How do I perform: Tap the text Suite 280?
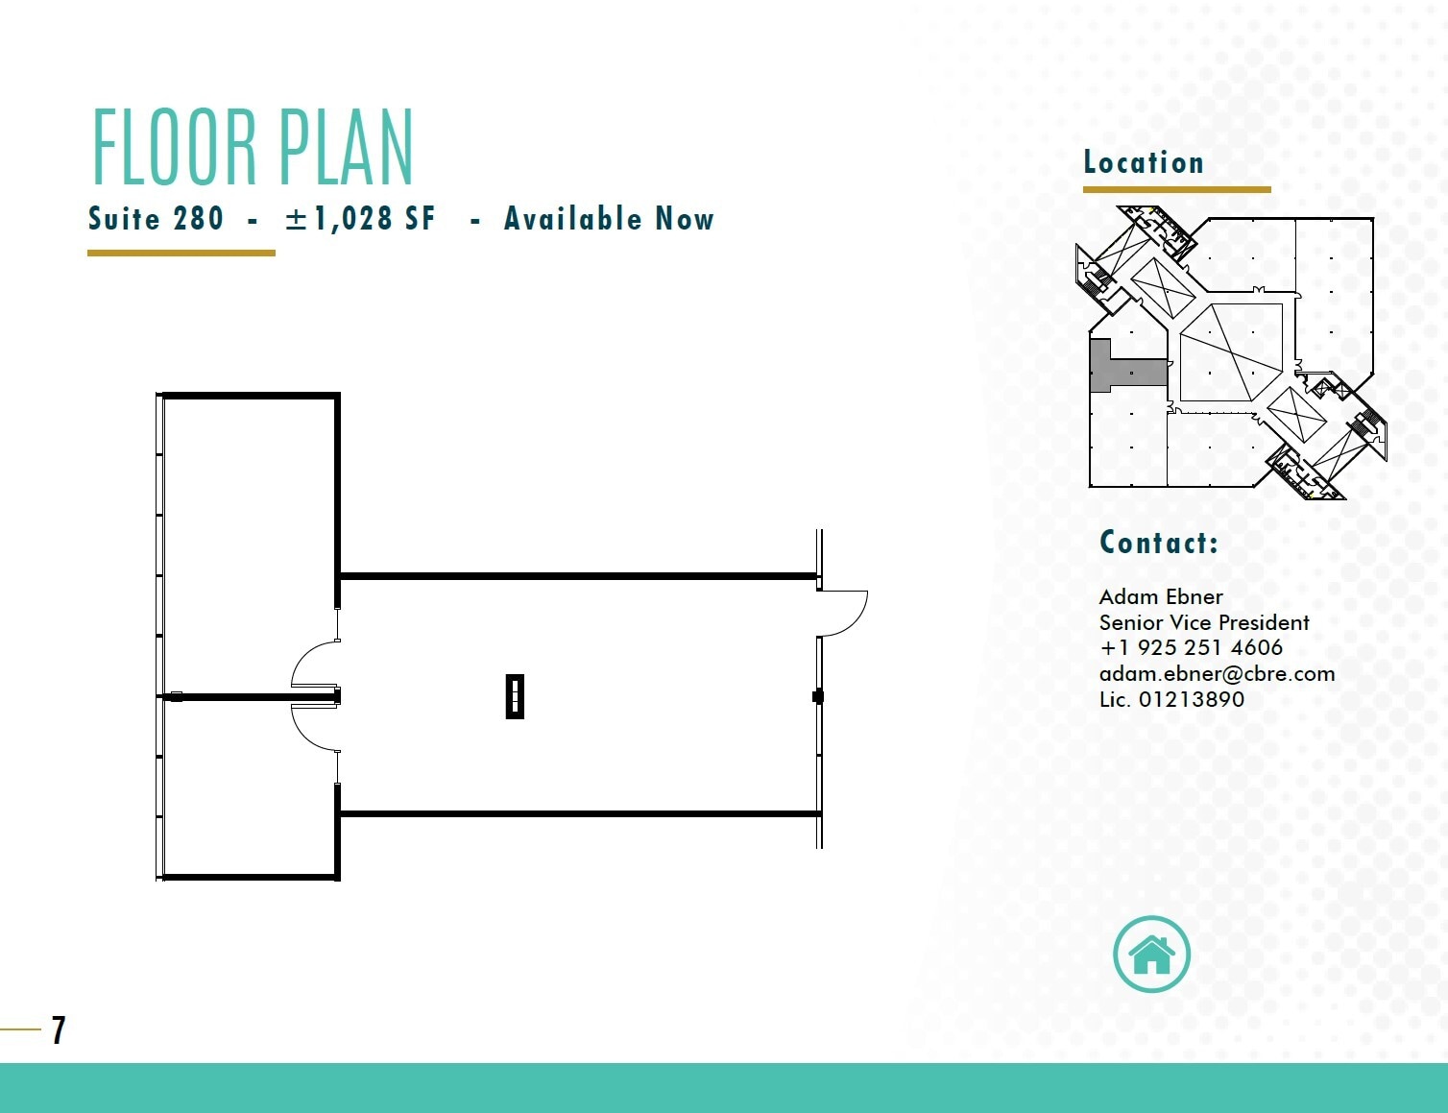[x=156, y=219]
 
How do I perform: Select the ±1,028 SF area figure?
[x=360, y=219]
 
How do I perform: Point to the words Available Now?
[x=609, y=219]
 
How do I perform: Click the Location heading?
[x=1144, y=162]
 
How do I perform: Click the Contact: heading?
[x=1159, y=543]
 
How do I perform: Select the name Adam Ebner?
[x=1161, y=596]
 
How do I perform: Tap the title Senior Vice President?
[x=1204, y=622]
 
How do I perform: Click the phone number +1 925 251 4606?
[x=1191, y=647]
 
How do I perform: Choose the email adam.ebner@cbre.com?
[x=1217, y=673]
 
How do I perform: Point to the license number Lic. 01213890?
[x=1171, y=699]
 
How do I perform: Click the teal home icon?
[x=1151, y=955]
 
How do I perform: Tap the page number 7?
[x=59, y=1030]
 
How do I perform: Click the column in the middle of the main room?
[x=515, y=696]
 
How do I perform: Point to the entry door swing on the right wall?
[x=842, y=613]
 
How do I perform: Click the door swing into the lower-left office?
[x=315, y=727]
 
